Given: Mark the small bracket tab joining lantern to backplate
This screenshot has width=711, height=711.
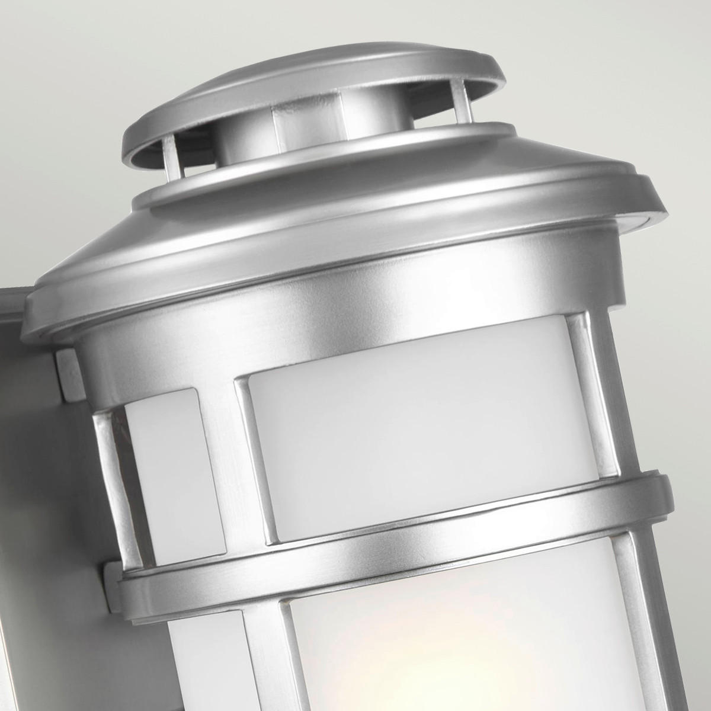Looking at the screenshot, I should [x=65, y=373].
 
